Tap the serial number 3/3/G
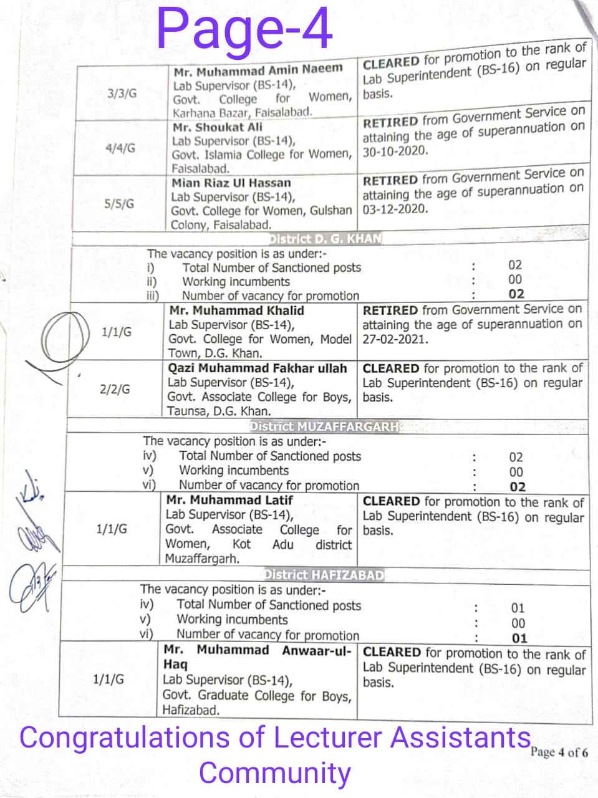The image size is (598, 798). pos(122,94)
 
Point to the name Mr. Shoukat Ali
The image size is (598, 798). pos(218,127)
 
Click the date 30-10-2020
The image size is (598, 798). pos(395,151)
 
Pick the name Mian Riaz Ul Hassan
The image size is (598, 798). pos(231,183)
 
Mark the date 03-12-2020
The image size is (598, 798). pos(395,209)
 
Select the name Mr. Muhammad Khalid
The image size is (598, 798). pos(236,310)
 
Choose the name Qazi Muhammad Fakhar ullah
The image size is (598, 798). pos(257,368)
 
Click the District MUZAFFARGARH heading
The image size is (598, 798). pos(325,427)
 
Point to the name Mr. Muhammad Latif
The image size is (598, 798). pos(229,500)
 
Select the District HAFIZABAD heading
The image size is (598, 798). pos(324,575)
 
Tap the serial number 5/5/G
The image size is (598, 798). pos(120,204)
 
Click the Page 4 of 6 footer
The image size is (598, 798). pos(559,752)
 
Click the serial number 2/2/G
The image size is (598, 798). pos(115,390)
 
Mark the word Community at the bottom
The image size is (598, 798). pos(275,773)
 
